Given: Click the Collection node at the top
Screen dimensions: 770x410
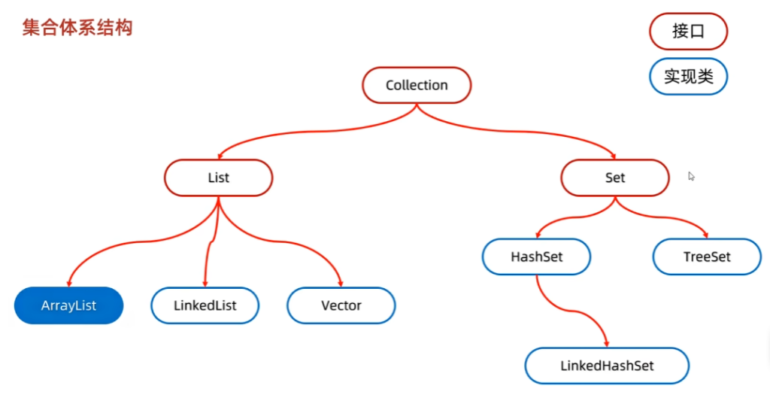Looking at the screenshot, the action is pyautogui.click(x=417, y=85).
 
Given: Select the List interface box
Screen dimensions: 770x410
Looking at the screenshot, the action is pyautogui.click(x=219, y=178).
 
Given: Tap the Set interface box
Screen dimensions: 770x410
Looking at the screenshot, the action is pyautogui.click(x=615, y=178).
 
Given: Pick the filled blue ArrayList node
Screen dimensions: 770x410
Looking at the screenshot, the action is pyautogui.click(x=68, y=305).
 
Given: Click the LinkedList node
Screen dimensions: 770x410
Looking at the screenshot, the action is pyautogui.click(x=205, y=305).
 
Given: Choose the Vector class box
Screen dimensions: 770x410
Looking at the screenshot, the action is pyautogui.click(x=341, y=305).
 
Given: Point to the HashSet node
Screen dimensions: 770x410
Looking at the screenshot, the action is pyautogui.click(x=536, y=257).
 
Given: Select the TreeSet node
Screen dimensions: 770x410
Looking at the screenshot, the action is pyautogui.click(x=707, y=257).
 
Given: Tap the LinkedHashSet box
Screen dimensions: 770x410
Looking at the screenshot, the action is pyautogui.click(x=607, y=366).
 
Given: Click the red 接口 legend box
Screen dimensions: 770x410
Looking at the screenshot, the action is pyautogui.click(x=689, y=32).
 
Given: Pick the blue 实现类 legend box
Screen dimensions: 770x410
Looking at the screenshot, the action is pyautogui.click(x=689, y=77).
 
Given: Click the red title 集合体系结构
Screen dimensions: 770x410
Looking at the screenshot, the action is pyautogui.click(x=77, y=28).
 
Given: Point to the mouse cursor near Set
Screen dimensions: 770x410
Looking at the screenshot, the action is pyautogui.click(x=691, y=176).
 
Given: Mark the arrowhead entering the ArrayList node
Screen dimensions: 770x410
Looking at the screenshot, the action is pyautogui.click(x=69, y=284).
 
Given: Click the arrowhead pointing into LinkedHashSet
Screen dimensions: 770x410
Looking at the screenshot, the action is pyautogui.click(x=607, y=344).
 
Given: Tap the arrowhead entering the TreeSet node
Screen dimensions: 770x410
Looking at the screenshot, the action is pyautogui.click(x=705, y=235).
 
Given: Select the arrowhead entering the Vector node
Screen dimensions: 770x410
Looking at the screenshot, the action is pyautogui.click(x=341, y=284).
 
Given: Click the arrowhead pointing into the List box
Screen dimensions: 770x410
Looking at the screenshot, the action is pyautogui.click(x=220, y=156).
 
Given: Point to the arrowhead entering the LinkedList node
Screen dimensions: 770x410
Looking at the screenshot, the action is pyautogui.click(x=205, y=284).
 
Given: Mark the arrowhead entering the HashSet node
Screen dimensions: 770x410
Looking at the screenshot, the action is pyautogui.click(x=538, y=235).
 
